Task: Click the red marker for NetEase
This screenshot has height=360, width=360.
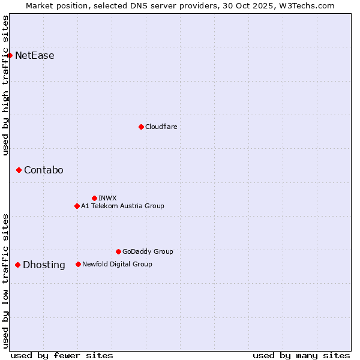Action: [10, 56]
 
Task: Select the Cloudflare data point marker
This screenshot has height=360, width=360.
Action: [141, 127]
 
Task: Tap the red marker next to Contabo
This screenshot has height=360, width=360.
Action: [19, 170]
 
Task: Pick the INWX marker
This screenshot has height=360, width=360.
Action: [94, 198]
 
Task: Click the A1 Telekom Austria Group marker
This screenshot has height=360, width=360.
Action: [77, 206]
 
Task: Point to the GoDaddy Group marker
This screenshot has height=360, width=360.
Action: [118, 251]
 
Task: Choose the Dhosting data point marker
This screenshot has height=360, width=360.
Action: [17, 265]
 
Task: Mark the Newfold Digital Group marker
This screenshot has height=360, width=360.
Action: [78, 264]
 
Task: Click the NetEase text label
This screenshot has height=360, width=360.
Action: [35, 56]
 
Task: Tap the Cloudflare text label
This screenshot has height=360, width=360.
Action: [161, 127]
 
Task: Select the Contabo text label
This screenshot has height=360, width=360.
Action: [43, 170]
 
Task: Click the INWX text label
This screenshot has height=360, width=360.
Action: [107, 198]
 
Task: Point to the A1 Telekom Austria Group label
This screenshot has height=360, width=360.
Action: [122, 206]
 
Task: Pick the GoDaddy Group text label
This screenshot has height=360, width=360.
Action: [148, 251]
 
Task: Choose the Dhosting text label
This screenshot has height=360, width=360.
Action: [44, 265]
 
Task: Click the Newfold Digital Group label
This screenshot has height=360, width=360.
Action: [117, 264]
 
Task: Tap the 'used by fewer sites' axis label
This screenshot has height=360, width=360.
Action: [62, 355]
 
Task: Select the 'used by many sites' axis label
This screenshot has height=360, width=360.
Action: [301, 355]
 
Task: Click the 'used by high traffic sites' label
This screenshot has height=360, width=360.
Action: [5, 85]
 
